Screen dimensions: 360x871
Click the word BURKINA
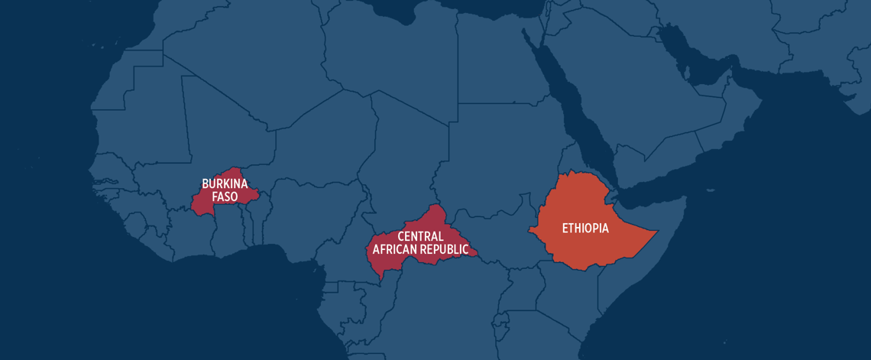(225, 183)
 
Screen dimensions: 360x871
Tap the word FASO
(225, 196)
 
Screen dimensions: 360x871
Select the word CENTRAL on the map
(420, 236)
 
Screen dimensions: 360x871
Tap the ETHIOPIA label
(585, 228)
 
